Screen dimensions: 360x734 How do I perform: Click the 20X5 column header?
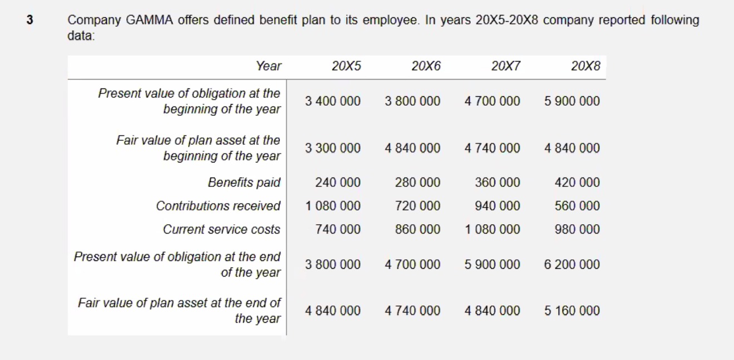(346, 66)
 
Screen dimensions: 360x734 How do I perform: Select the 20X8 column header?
(585, 66)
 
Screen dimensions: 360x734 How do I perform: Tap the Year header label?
(269, 66)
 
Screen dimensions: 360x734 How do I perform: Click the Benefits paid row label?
(244, 183)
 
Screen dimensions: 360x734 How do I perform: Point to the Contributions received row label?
(218, 206)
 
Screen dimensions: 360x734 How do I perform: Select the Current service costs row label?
(221, 229)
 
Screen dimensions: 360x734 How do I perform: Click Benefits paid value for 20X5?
(338, 183)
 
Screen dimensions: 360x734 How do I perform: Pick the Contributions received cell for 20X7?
(497, 206)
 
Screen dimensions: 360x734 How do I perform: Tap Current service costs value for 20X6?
(417, 229)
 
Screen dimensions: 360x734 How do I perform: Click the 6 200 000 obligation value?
(572, 264)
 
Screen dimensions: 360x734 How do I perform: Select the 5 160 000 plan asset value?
(572, 310)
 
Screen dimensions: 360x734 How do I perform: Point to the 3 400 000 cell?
(333, 101)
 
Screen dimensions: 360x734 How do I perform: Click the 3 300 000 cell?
(333, 148)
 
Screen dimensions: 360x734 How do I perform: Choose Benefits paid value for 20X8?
(577, 183)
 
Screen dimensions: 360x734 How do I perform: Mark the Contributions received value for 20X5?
(333, 206)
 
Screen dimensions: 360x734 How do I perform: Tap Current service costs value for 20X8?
(577, 229)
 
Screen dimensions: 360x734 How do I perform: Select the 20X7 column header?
(506, 66)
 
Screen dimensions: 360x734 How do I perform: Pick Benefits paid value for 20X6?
(417, 183)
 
